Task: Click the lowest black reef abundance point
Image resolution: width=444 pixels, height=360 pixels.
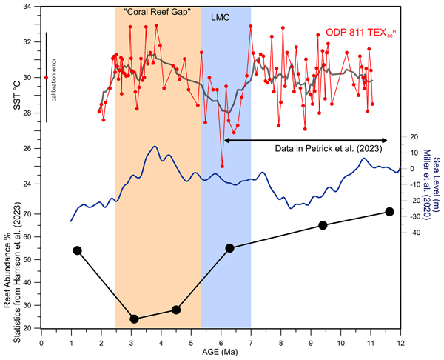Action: coord(134,319)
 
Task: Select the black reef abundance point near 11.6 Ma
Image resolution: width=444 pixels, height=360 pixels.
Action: coord(389,212)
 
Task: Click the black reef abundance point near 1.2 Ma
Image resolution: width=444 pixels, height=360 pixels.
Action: coord(77,250)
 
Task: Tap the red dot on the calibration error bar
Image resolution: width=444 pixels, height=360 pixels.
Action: coord(46,77)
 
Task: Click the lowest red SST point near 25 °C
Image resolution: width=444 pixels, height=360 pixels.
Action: coord(222,166)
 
